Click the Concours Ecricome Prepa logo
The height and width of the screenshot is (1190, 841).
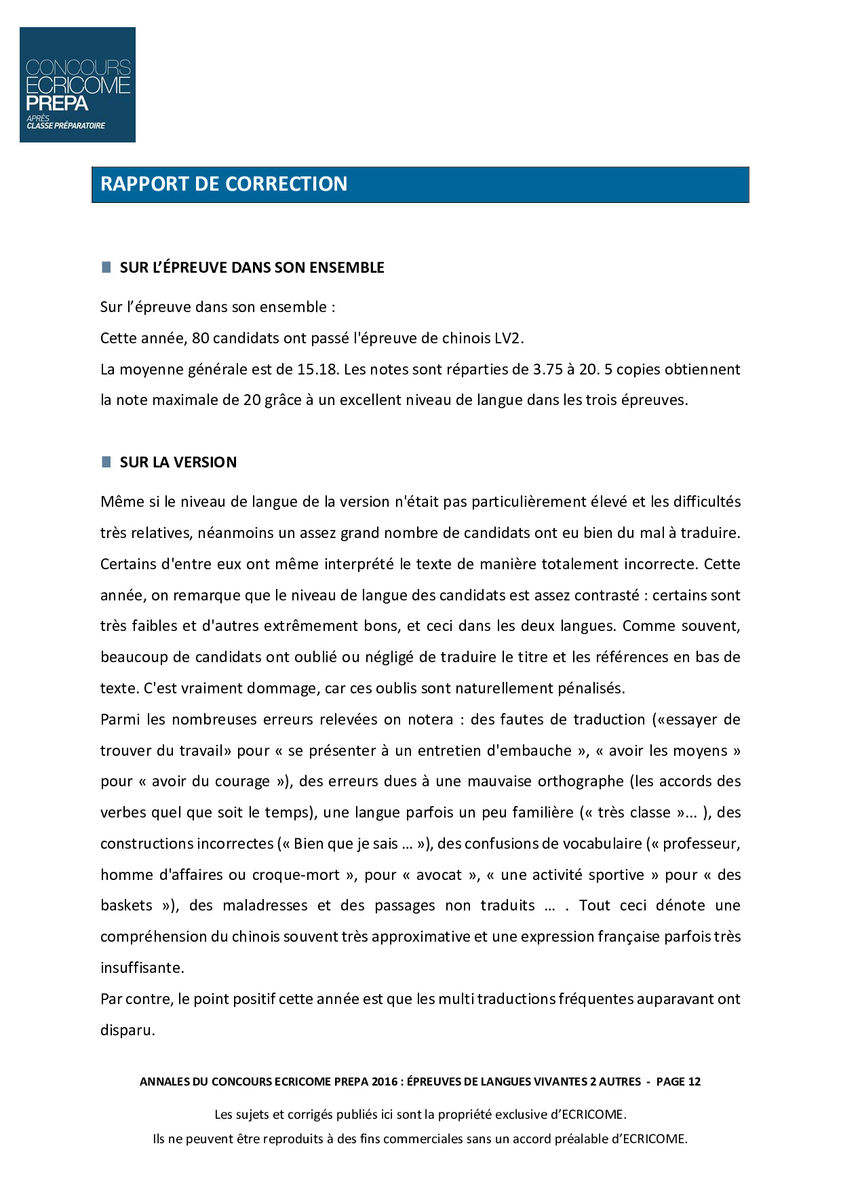[77, 85]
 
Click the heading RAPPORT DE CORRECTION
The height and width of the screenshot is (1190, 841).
[224, 184]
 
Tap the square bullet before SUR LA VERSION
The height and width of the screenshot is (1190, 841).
[106, 462]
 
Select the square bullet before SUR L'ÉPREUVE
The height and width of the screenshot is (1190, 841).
[106, 267]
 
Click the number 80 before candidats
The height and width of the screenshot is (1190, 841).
[201, 339]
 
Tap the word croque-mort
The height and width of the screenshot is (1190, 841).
[296, 875]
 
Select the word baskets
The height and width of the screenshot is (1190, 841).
[127, 906]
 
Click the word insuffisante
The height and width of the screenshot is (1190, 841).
[142, 968]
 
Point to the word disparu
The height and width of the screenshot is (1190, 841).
[128, 1031]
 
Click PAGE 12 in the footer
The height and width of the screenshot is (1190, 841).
[678, 1082]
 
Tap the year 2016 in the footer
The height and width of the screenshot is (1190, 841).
[385, 1082]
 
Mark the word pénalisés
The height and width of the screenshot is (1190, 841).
[591, 689]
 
